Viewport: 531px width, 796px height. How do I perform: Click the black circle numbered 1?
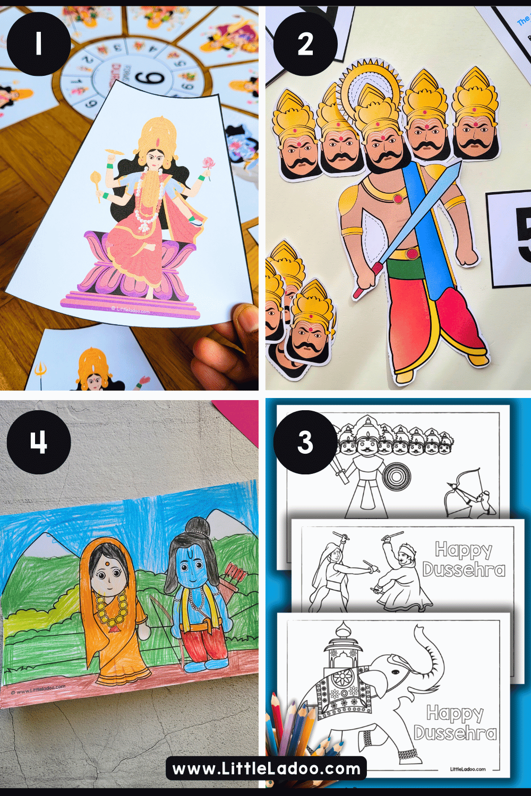tap(39, 44)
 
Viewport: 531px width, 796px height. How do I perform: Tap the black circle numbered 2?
tap(305, 44)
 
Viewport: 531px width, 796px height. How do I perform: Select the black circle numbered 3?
tap(305, 442)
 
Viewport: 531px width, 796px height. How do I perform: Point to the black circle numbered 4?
tap(39, 442)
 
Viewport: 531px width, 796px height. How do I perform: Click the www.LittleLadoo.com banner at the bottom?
tap(266, 768)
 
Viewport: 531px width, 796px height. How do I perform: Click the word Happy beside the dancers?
tap(464, 550)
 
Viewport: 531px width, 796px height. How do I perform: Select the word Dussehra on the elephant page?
tap(455, 733)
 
